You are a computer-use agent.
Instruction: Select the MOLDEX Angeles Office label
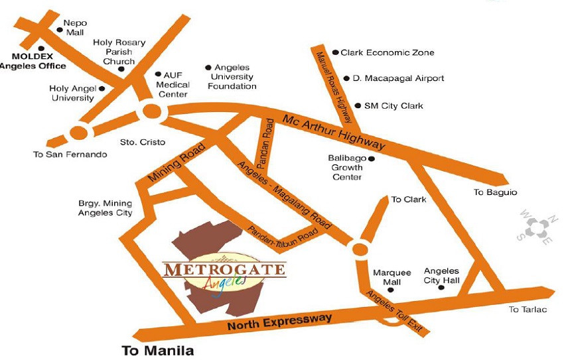click(33, 61)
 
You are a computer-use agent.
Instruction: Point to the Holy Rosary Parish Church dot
click(121, 69)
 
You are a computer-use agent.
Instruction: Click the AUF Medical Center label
click(174, 85)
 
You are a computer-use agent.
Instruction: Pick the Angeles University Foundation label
click(232, 77)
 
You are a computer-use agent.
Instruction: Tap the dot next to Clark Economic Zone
click(336, 52)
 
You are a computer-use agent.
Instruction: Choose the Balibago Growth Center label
click(347, 168)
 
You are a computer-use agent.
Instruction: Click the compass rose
click(538, 229)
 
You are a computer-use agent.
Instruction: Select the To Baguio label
click(495, 192)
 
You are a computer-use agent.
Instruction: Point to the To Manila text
click(158, 350)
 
